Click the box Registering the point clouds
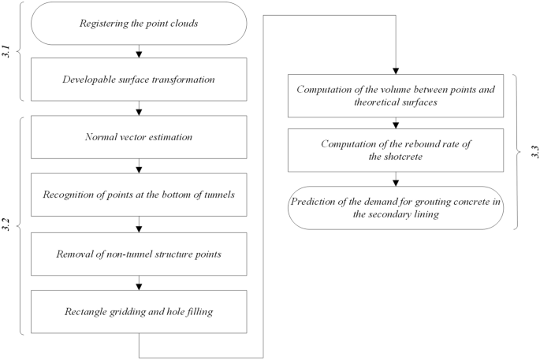click(x=139, y=23)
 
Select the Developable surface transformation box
click(x=139, y=80)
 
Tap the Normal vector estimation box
click(x=139, y=138)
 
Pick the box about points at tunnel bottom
click(x=139, y=195)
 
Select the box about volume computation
click(x=395, y=95)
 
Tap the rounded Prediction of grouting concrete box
click(x=395, y=207)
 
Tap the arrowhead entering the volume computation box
click(x=395, y=72)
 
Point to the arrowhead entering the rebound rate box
click(x=395, y=127)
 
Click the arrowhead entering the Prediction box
click(x=395, y=183)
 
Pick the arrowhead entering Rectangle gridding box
click(x=139, y=287)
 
